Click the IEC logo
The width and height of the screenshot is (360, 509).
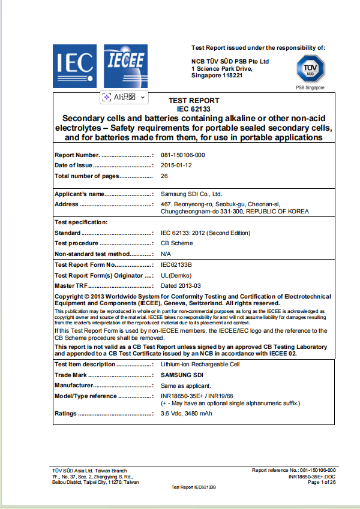[x=75, y=64]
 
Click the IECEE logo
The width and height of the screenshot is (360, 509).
[x=125, y=64]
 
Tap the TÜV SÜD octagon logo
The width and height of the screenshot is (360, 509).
[x=310, y=69]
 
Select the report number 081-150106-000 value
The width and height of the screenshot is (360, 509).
[x=182, y=155]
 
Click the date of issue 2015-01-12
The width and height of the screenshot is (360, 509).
[x=176, y=165]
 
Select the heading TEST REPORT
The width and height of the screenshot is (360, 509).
[x=193, y=101]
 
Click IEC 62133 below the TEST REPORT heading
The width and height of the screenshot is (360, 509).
[x=193, y=109]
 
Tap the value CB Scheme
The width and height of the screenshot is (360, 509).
[x=176, y=243]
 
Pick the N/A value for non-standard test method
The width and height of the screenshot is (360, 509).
[x=166, y=254]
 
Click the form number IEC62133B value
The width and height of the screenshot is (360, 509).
[x=179, y=264]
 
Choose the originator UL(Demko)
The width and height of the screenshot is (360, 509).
[x=176, y=275]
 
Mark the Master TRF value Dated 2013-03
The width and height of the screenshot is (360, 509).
[x=181, y=286]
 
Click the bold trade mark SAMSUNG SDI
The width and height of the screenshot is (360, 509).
[x=182, y=375]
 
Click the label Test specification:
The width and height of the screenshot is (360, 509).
[x=81, y=222]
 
